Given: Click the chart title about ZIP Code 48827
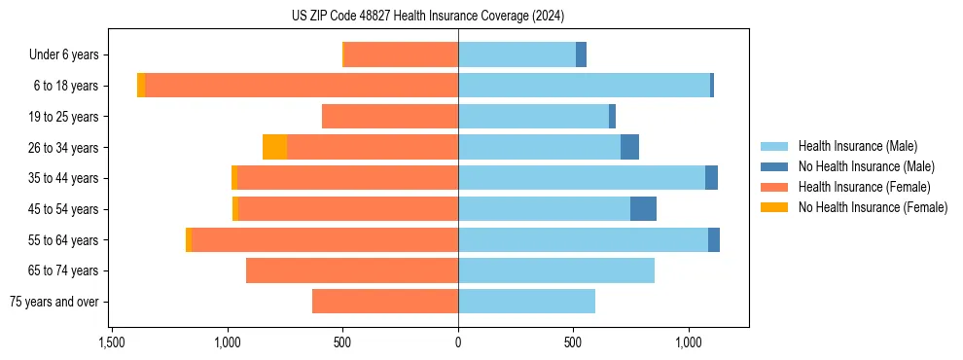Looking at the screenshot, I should click(x=427, y=17).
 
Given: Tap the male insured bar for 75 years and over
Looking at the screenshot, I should click(x=526, y=302).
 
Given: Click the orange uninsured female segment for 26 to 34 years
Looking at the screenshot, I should click(x=274, y=147).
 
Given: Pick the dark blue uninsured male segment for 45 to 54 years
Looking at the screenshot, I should click(x=643, y=208).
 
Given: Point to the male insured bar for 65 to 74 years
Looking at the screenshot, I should click(x=555, y=270).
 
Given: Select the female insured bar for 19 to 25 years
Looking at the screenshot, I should click(x=389, y=117).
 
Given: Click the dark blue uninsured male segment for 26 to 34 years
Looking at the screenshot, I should click(x=629, y=147).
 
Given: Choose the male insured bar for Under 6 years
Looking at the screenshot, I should click(x=517, y=54).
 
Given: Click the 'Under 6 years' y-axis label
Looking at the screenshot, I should click(x=69, y=55).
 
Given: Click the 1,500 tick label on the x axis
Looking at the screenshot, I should click(x=112, y=343).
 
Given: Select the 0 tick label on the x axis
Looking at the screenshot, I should click(x=458, y=343).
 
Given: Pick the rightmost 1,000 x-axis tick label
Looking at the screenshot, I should click(x=688, y=343).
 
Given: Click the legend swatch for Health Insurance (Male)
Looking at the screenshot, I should click(x=774, y=146).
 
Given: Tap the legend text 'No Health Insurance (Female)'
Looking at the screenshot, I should click(x=873, y=207).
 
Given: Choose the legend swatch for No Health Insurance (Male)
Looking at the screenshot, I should click(x=774, y=166).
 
